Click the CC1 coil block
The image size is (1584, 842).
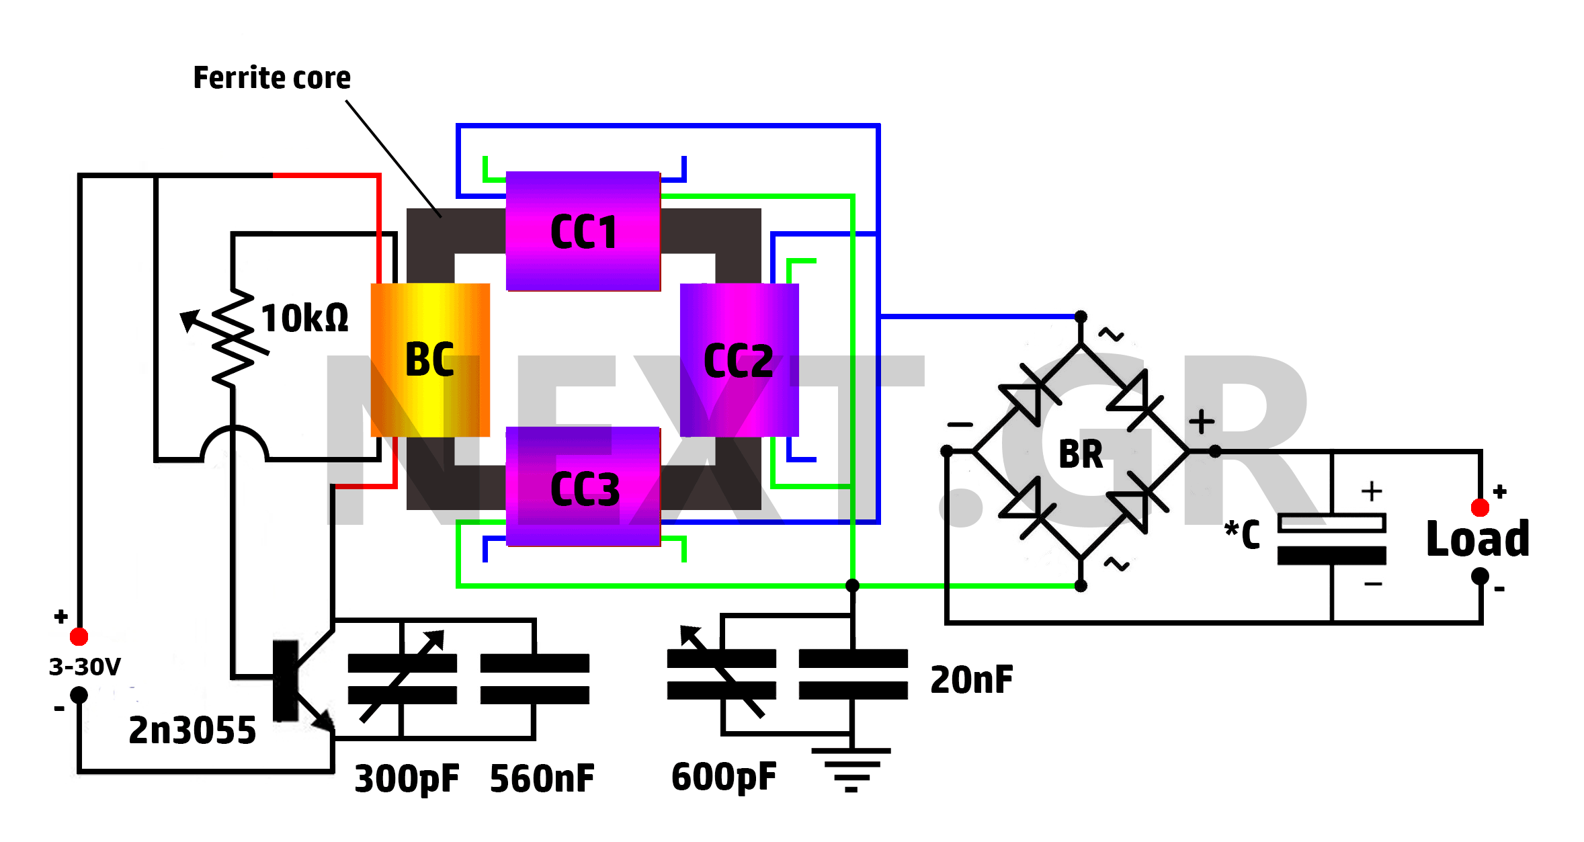point(583,231)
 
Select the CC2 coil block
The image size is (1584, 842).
point(739,360)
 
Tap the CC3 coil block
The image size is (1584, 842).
point(583,487)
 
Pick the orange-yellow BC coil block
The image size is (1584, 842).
point(430,360)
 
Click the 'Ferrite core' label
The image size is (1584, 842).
point(272,78)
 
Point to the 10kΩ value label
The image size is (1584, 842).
point(304,318)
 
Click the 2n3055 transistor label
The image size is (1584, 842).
point(192,730)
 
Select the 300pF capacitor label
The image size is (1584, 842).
point(407,780)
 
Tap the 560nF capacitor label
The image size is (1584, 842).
point(542,779)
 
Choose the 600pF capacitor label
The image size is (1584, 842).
point(724,777)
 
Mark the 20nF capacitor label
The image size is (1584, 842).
point(972,679)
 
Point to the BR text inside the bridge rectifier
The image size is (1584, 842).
point(1081,454)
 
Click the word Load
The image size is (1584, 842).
point(1478,538)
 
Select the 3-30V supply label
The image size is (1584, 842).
point(85,667)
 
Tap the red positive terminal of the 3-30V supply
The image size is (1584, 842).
point(79,636)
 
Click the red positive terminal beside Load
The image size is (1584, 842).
point(1480,507)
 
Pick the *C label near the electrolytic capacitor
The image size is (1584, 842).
point(1242,534)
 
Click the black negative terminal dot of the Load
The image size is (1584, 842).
point(1480,577)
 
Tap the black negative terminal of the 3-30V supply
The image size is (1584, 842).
point(79,695)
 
